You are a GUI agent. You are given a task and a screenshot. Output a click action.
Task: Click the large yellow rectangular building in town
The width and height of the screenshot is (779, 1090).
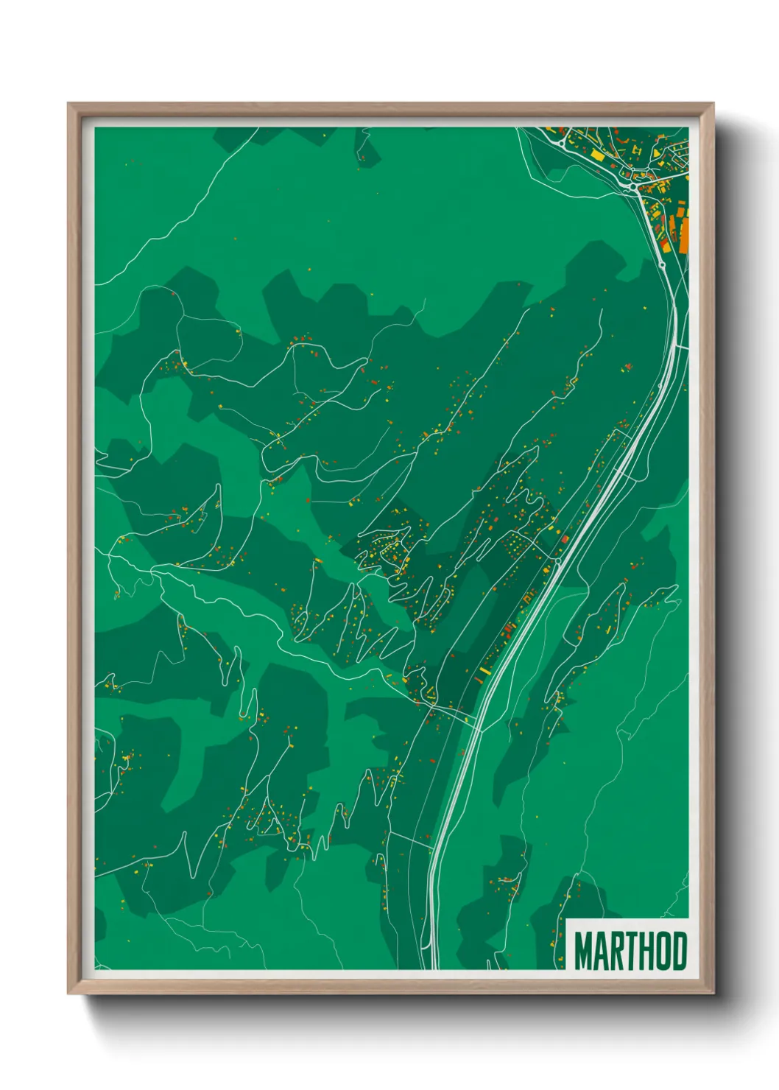(597, 155)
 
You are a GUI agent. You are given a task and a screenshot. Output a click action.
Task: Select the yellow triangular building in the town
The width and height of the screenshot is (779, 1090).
(657, 152)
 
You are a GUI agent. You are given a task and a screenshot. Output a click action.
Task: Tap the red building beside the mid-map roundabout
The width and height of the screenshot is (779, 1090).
(565, 540)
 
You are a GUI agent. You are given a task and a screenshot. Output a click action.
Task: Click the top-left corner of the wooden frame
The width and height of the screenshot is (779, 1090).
(68, 104)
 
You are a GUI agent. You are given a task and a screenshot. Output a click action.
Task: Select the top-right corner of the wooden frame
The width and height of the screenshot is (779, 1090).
(713, 104)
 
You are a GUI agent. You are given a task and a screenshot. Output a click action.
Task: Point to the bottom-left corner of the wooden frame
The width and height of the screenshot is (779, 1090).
(68, 993)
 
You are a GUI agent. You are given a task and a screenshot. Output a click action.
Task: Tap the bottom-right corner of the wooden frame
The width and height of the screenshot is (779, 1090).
(713, 993)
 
